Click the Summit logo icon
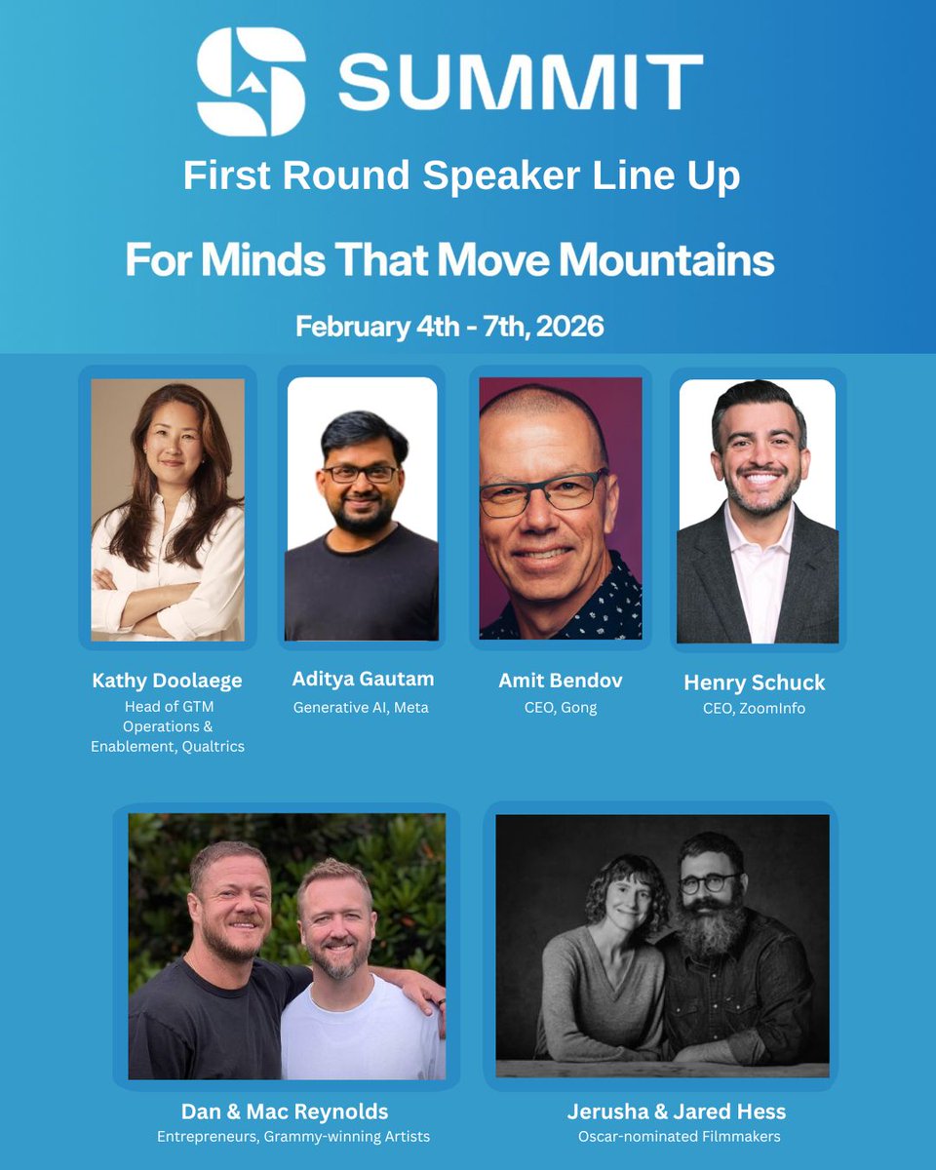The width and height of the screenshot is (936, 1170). [252, 81]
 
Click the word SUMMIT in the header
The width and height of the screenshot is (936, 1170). [521, 82]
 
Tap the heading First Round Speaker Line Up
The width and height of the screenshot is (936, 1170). [461, 176]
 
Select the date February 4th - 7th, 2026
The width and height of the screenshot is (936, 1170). [449, 326]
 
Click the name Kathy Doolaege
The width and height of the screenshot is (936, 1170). [168, 681]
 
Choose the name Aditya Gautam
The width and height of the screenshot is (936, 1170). [363, 679]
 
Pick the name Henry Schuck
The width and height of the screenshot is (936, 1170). [754, 682]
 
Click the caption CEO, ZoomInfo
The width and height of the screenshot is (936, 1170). [754, 709]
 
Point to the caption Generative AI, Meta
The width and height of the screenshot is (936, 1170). [361, 707]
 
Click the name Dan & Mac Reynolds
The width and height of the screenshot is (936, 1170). [285, 1111]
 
